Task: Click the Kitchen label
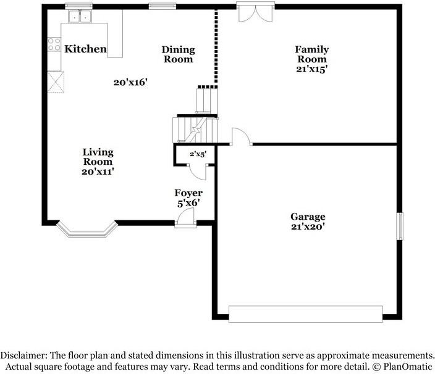pyautogui.click(x=85, y=49)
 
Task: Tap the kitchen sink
pyautogui.click(x=80, y=16)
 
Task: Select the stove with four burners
pyautogui.click(x=54, y=44)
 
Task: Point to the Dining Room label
pyautogui.click(x=178, y=54)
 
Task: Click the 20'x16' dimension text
pyautogui.click(x=130, y=82)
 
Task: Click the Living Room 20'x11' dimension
pyautogui.click(x=98, y=172)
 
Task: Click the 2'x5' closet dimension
pyautogui.click(x=198, y=154)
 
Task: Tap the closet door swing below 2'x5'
pyautogui.click(x=198, y=172)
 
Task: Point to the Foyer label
pyautogui.click(x=188, y=193)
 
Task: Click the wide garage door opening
pyautogui.click(x=305, y=314)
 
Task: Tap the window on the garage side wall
pyautogui.click(x=400, y=226)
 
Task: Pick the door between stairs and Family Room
pyautogui.click(x=242, y=136)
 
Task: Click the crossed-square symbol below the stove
pyautogui.click(x=56, y=81)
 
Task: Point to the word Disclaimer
pyautogui.click(x=23, y=355)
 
